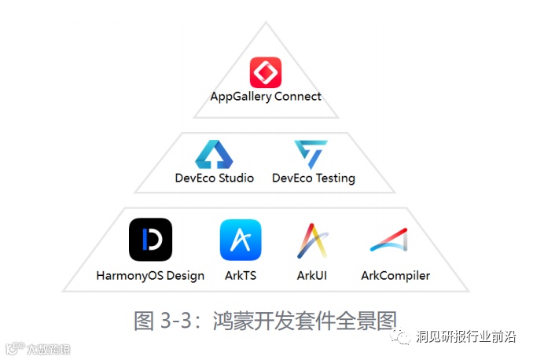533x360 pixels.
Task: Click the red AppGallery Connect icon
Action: pos(266,73)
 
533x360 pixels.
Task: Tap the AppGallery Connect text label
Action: pos(266,97)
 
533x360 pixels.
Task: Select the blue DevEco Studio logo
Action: pos(214,155)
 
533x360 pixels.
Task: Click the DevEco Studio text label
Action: pos(215,178)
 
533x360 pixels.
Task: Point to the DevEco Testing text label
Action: pos(314,178)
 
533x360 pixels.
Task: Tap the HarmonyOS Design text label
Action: pos(150,276)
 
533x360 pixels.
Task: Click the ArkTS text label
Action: pos(240,276)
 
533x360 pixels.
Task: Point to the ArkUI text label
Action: pos(312,276)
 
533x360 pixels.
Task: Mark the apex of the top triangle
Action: pos(266,22)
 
